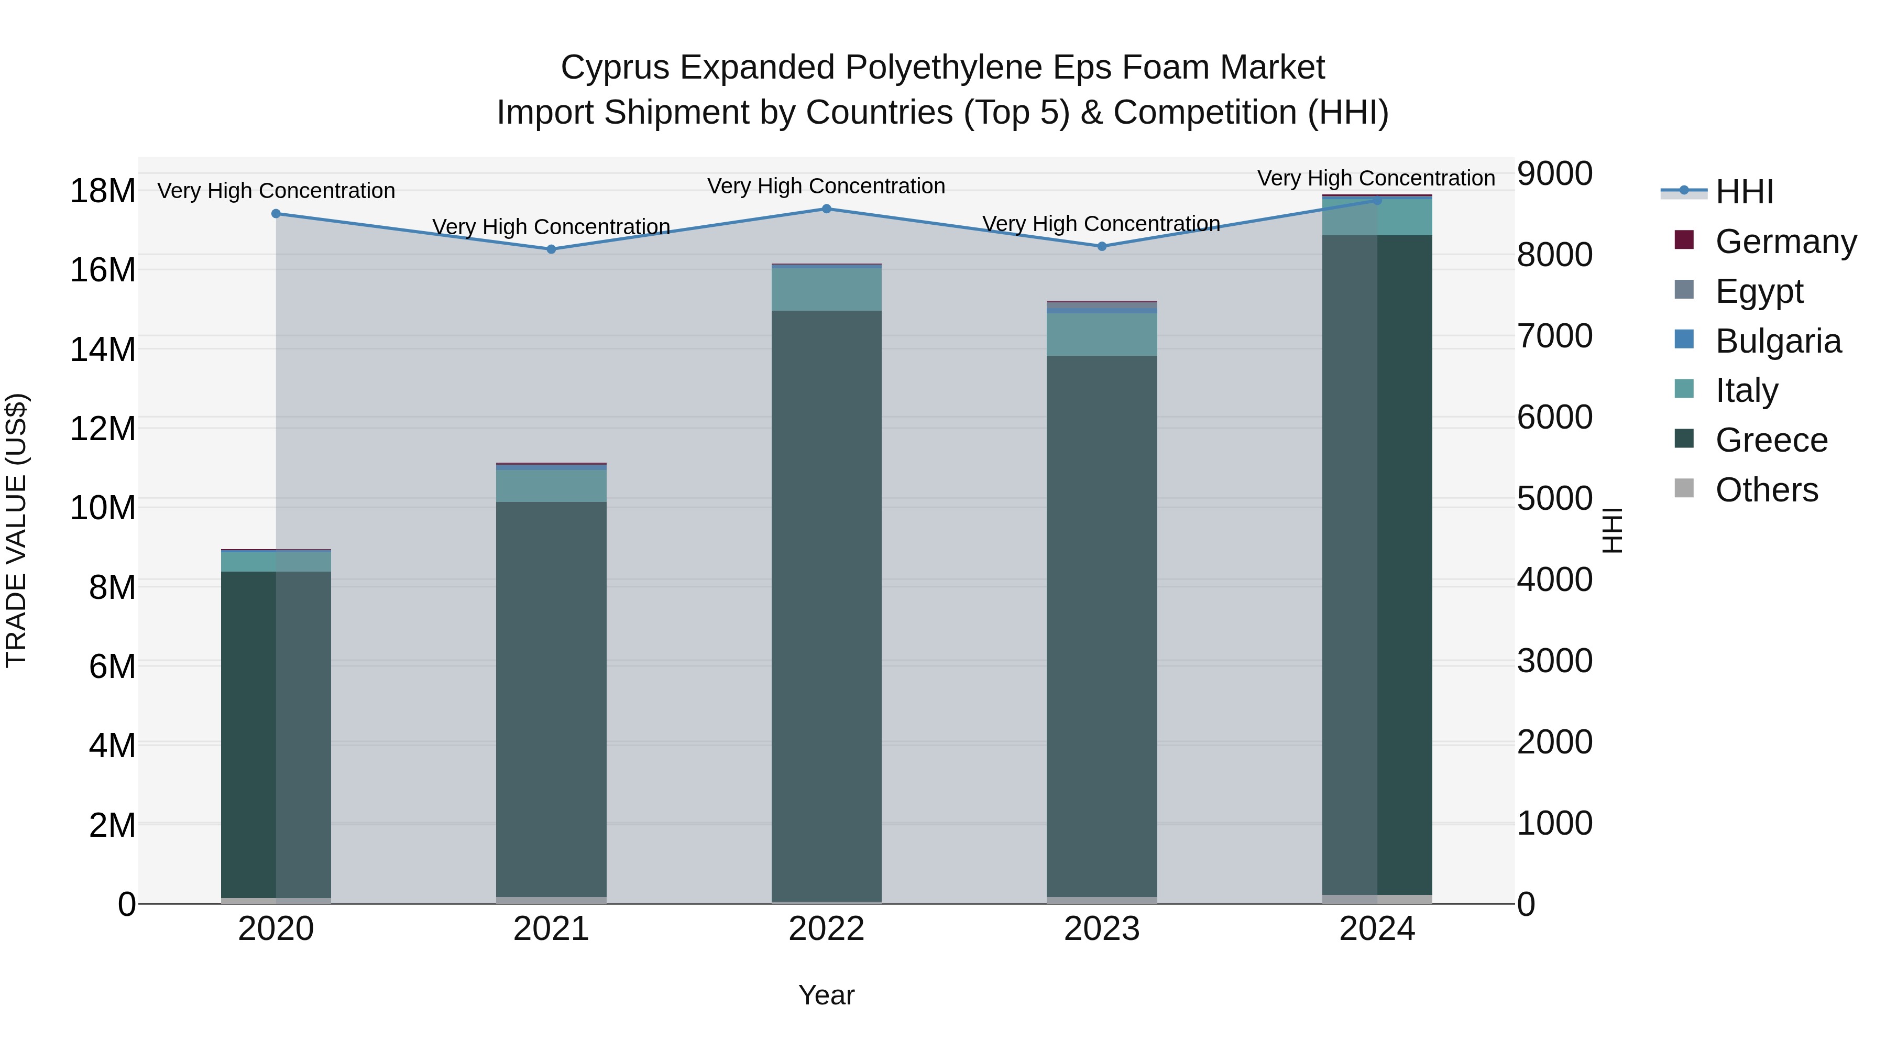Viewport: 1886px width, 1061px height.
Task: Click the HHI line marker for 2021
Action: tap(551, 249)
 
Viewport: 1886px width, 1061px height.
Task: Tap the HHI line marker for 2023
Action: tap(1102, 246)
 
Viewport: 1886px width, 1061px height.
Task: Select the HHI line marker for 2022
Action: tap(827, 209)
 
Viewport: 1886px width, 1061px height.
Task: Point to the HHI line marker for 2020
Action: tap(276, 214)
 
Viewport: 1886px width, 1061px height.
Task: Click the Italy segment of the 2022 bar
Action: tap(827, 289)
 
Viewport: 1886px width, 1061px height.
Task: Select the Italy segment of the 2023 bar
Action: tap(1102, 335)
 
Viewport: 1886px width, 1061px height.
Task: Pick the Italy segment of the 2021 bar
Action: tap(551, 486)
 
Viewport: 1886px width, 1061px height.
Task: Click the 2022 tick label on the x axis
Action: tap(827, 929)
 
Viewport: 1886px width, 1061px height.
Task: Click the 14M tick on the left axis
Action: tap(103, 349)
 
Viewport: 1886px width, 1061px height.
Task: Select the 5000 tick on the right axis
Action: tap(1554, 499)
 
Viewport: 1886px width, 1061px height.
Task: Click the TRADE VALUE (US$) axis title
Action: tap(16, 530)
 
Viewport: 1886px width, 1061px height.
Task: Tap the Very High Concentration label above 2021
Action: tap(551, 227)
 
